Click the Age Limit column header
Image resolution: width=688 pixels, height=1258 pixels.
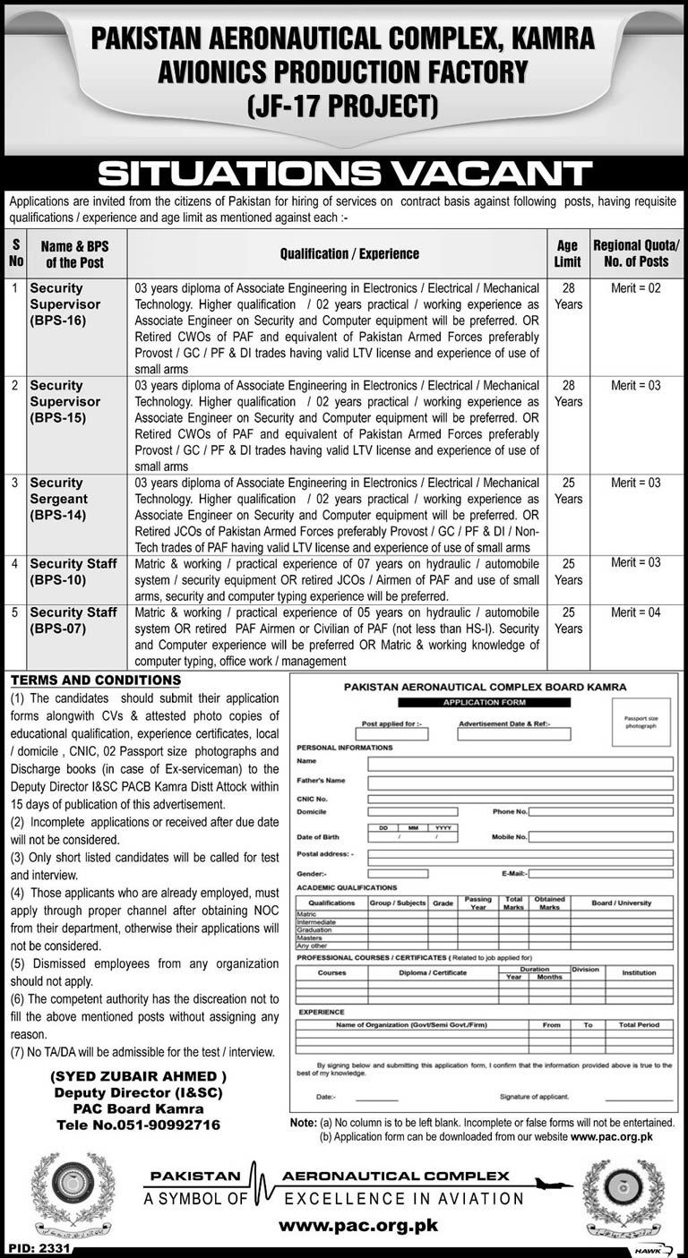(x=568, y=253)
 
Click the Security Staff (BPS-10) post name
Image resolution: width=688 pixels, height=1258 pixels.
(x=73, y=571)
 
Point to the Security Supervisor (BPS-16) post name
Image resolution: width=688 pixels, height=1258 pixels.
(x=64, y=304)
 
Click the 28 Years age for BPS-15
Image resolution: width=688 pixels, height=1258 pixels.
(x=568, y=393)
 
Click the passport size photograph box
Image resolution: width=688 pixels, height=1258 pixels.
(x=641, y=722)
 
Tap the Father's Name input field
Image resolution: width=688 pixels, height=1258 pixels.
(x=520, y=783)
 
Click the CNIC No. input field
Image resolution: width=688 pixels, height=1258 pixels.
(x=520, y=798)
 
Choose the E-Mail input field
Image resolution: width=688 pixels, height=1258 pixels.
(x=599, y=873)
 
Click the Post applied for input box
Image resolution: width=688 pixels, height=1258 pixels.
(x=391, y=734)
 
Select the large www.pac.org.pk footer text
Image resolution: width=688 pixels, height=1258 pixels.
(x=358, y=1226)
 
